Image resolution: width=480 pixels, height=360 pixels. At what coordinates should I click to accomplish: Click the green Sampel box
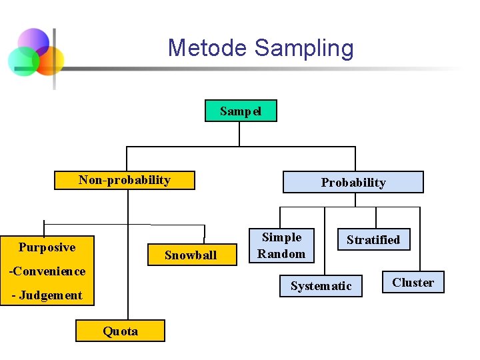[x=240, y=111]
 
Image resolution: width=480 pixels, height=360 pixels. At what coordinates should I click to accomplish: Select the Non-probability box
[x=125, y=180]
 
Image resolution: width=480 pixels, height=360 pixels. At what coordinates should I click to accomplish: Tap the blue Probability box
[x=353, y=182]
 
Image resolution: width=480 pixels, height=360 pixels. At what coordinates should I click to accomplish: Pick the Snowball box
[x=191, y=255]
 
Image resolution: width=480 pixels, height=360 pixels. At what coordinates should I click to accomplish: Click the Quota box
[x=120, y=331]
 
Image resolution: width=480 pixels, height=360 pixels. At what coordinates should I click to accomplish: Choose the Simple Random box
[x=281, y=245]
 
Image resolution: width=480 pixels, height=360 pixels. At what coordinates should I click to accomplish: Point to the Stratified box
[x=373, y=240]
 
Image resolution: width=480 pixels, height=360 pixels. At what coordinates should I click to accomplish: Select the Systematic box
[x=321, y=286]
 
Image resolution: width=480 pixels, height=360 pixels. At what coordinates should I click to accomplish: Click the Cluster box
[x=413, y=283]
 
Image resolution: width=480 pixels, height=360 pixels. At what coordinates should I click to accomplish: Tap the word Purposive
[x=47, y=247]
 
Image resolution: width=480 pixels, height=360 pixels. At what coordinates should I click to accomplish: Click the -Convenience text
[x=47, y=271]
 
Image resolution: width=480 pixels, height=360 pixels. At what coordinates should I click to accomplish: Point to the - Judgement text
[x=47, y=295]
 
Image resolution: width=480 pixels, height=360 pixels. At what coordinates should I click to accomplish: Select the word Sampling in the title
[x=304, y=48]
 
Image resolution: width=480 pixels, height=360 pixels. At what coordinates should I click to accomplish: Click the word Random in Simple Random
[x=281, y=253]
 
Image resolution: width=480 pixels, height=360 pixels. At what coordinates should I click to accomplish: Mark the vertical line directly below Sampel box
[x=239, y=133]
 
